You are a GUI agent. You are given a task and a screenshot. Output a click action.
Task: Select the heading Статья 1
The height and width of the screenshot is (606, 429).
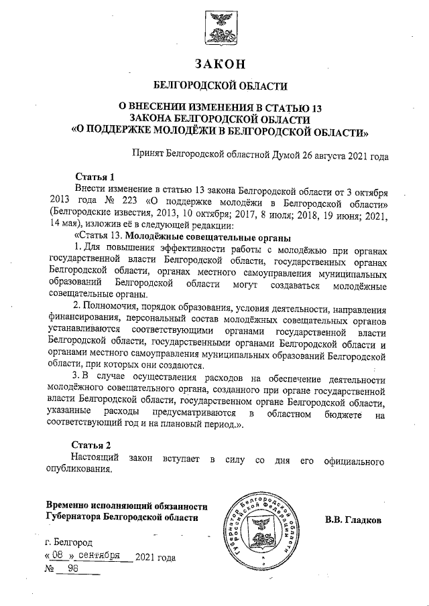pos(95,177)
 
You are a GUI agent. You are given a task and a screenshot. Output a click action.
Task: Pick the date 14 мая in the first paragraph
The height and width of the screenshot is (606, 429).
pos(64,224)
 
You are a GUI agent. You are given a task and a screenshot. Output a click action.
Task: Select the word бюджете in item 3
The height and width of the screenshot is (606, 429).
pos(341,415)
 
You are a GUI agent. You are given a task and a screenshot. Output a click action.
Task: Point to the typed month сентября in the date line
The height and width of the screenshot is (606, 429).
pos(99,555)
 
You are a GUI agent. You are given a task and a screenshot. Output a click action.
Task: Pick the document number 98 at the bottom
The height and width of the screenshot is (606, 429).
pos(74,569)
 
